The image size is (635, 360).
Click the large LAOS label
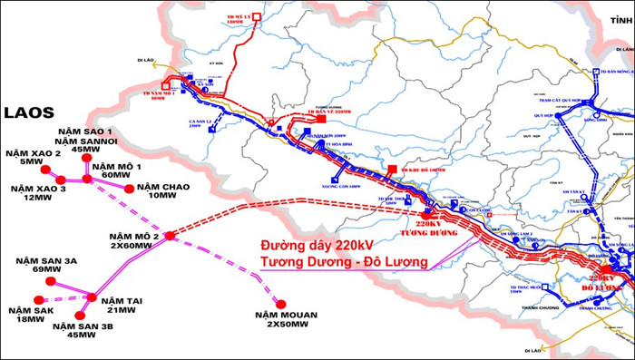coord(31,113)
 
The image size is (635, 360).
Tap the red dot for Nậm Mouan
coord(281,304)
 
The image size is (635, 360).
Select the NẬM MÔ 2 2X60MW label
coord(132,240)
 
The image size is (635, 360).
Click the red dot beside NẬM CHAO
coord(129,189)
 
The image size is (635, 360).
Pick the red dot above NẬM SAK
coord(37,299)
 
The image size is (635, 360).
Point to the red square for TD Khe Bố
coord(392,170)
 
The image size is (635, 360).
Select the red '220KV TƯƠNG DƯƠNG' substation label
coord(432,226)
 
